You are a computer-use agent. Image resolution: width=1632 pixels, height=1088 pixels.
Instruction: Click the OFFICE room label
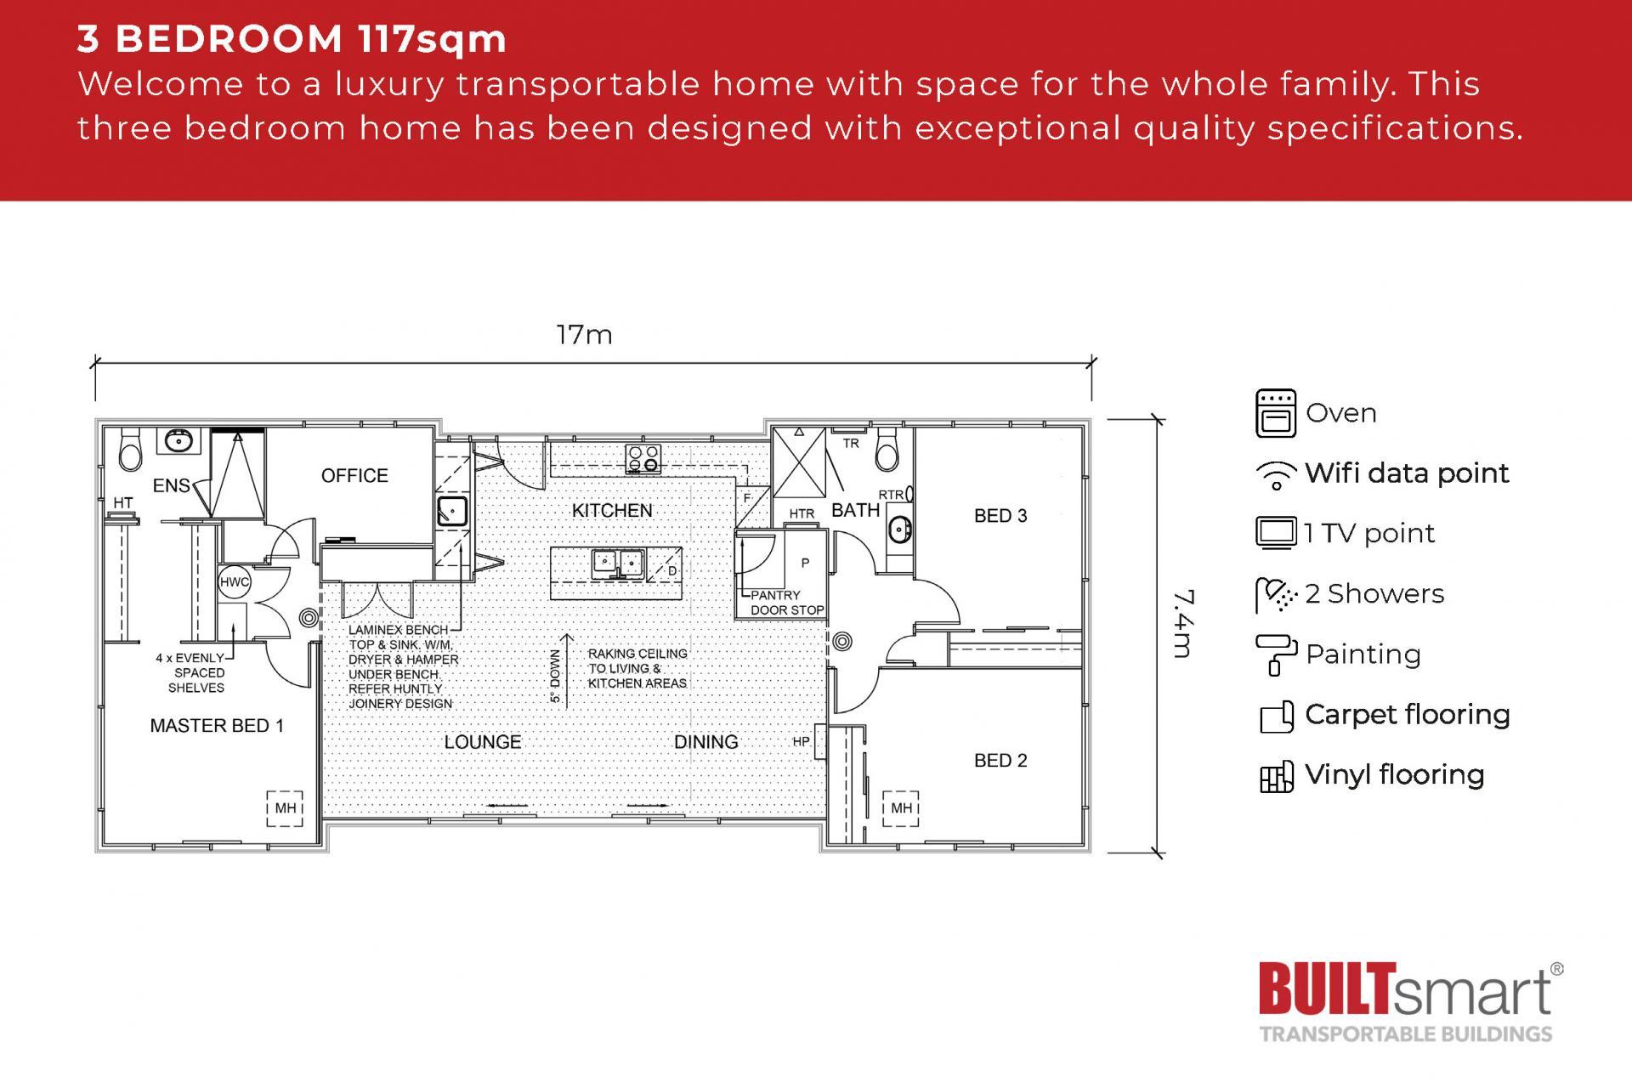click(x=354, y=476)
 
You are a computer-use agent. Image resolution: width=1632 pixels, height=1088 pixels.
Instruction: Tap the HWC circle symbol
click(x=235, y=582)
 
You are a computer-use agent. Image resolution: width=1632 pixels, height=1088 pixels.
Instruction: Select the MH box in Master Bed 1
click(x=285, y=807)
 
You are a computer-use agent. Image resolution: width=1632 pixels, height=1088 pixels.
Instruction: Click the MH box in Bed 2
click(x=901, y=807)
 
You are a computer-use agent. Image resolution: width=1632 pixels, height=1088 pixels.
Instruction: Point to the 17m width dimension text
click(x=584, y=336)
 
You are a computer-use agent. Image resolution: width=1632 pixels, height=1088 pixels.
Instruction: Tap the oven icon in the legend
click(x=1275, y=413)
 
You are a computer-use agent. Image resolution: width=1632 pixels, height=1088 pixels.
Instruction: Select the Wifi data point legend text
click(x=1407, y=473)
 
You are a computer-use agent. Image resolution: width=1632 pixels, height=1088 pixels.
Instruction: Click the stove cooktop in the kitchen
click(x=643, y=458)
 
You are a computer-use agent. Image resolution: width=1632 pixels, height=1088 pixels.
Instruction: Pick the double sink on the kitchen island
click(x=618, y=562)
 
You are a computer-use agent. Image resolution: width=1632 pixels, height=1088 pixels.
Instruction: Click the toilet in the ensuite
click(x=130, y=450)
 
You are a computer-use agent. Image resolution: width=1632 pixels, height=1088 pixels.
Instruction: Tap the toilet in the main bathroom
click(x=887, y=450)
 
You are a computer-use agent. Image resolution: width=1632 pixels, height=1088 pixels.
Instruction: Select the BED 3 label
click(x=1000, y=516)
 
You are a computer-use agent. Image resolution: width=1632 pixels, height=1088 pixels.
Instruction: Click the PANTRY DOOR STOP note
click(x=786, y=603)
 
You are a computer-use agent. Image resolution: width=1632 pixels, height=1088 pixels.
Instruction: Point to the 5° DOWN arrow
click(x=567, y=667)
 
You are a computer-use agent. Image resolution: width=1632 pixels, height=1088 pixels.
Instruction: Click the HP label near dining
click(x=801, y=742)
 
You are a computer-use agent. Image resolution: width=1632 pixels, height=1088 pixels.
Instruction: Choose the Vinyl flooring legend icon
click(x=1275, y=776)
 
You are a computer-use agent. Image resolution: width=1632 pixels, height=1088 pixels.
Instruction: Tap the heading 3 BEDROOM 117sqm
click(x=292, y=39)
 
